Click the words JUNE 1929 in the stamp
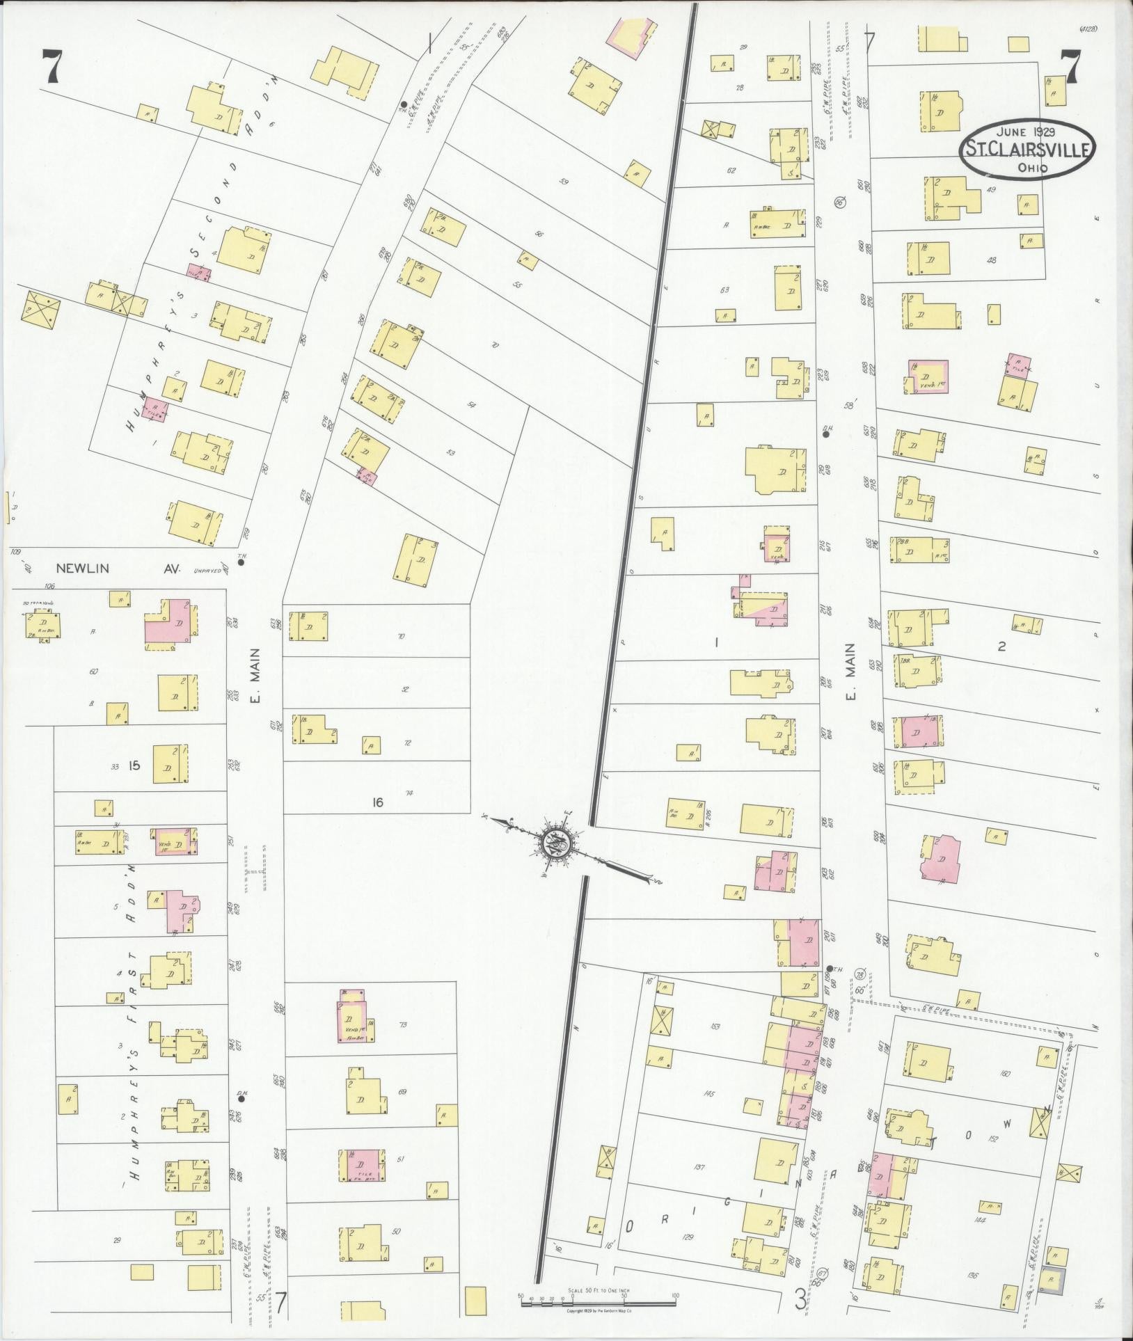coord(1023,130)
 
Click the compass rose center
coord(557,843)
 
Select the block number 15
coord(134,765)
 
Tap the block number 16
coord(377,802)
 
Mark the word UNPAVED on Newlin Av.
coord(205,569)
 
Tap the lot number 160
coord(1004,1073)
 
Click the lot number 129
coord(688,1236)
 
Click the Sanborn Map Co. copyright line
coord(599,1310)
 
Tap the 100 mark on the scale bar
coord(675,1296)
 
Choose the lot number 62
coord(731,170)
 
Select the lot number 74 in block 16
coord(409,792)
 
